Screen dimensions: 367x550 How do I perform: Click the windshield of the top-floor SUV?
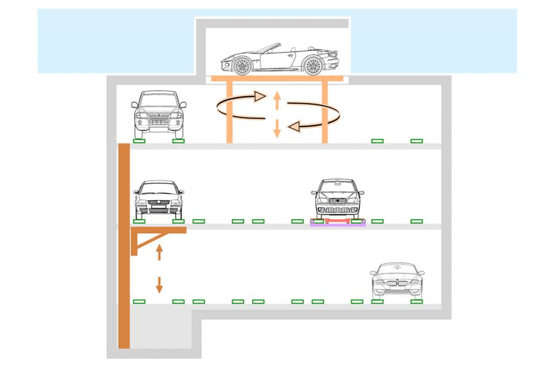[158, 100]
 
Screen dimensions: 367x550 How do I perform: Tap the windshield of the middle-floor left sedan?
[158, 189]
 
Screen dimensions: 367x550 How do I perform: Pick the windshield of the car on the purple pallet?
[337, 186]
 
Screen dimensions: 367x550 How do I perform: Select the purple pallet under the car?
[338, 225]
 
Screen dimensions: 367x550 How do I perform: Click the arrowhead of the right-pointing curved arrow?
[260, 96]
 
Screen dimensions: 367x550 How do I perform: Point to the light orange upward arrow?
[277, 99]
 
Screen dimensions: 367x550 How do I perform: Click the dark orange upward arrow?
[159, 251]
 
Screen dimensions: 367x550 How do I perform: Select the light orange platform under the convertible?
[277, 78]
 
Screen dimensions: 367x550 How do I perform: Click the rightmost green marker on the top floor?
[417, 141]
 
